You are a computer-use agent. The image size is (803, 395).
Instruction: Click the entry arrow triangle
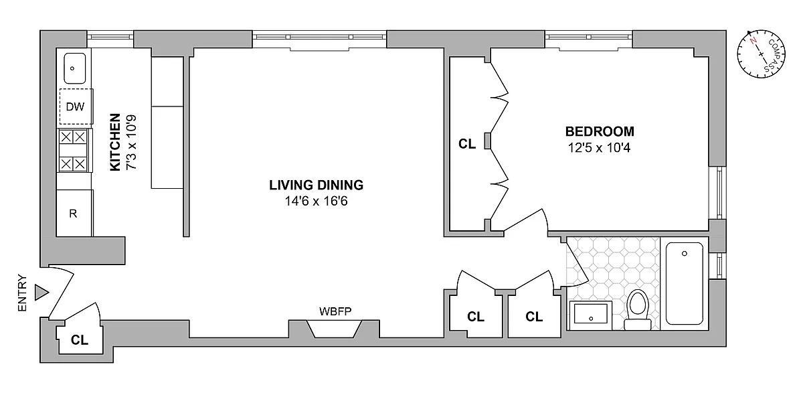(41, 293)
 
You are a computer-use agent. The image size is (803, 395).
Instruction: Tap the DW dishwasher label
(75, 106)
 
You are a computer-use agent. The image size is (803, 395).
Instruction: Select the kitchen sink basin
(74, 68)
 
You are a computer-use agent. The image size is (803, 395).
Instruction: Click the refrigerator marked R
(74, 213)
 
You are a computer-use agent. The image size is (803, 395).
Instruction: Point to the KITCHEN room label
(115, 142)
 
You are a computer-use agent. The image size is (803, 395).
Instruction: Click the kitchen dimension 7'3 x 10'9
(131, 142)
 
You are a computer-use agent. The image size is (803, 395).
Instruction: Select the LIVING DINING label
(316, 185)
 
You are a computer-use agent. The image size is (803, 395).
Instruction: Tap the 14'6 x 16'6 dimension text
(316, 201)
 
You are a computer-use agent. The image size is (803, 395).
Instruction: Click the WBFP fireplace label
(335, 311)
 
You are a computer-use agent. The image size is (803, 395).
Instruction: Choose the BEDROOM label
(600, 132)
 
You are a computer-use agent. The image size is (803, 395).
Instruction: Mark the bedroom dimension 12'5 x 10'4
(599, 148)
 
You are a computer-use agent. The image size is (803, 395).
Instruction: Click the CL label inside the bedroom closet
(467, 144)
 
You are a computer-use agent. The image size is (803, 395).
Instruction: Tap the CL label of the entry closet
(80, 339)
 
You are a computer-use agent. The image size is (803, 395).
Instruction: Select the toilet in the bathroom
(638, 310)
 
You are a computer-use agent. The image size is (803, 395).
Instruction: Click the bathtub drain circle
(685, 254)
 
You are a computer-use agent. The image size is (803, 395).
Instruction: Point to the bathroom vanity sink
(591, 315)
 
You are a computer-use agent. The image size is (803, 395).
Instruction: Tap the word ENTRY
(22, 293)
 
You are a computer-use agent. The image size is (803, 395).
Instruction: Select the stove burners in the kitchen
(73, 151)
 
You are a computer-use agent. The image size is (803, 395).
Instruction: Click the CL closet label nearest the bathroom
(534, 317)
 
